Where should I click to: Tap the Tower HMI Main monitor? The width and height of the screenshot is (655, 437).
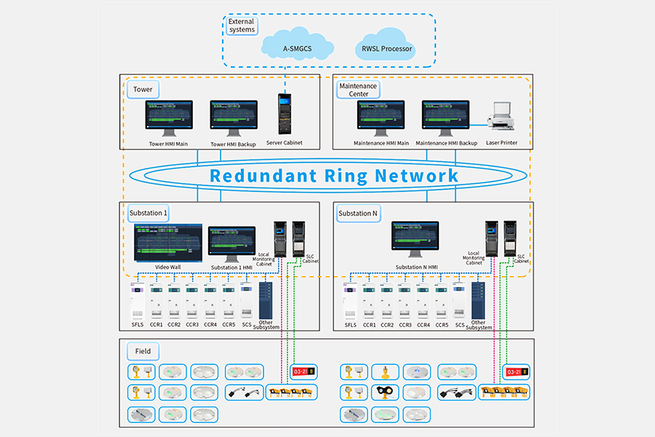[168, 117]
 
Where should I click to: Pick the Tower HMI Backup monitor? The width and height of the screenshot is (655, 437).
[234, 117]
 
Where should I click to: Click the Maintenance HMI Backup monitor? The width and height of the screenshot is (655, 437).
[446, 117]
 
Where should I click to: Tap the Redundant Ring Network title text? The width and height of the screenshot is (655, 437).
[334, 176]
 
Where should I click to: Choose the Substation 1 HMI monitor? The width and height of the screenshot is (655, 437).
[231, 243]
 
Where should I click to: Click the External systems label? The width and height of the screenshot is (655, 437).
[242, 25]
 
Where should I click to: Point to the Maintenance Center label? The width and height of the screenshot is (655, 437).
[359, 90]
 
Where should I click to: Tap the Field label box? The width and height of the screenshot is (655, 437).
[143, 352]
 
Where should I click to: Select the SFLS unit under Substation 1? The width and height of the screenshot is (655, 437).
[136, 302]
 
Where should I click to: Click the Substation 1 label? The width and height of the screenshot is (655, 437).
[149, 213]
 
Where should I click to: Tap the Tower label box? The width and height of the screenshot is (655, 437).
[143, 90]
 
